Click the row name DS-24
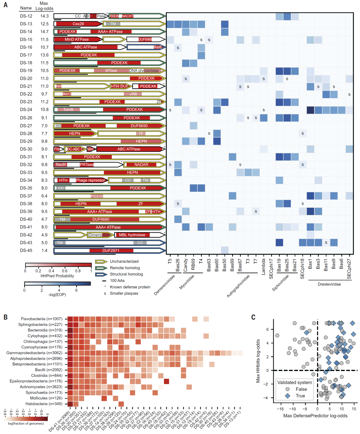pos(26,110)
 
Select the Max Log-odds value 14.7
pos(44,32)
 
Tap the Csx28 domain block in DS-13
pos(78,24)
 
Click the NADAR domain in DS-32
pos(141,165)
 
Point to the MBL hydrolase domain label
pos(132,235)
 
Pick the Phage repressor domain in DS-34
pos(90,180)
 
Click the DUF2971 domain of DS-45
pos(111,251)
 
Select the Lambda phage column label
pos(263,266)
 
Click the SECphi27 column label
pos(349,269)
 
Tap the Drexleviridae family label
pos(329,284)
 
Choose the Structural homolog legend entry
pos(126,274)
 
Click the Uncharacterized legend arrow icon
pos(101,262)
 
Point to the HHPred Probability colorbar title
pos(57,276)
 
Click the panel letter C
pos(253,317)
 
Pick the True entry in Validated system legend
pos(300,396)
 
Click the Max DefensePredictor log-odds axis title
pos(315,416)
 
